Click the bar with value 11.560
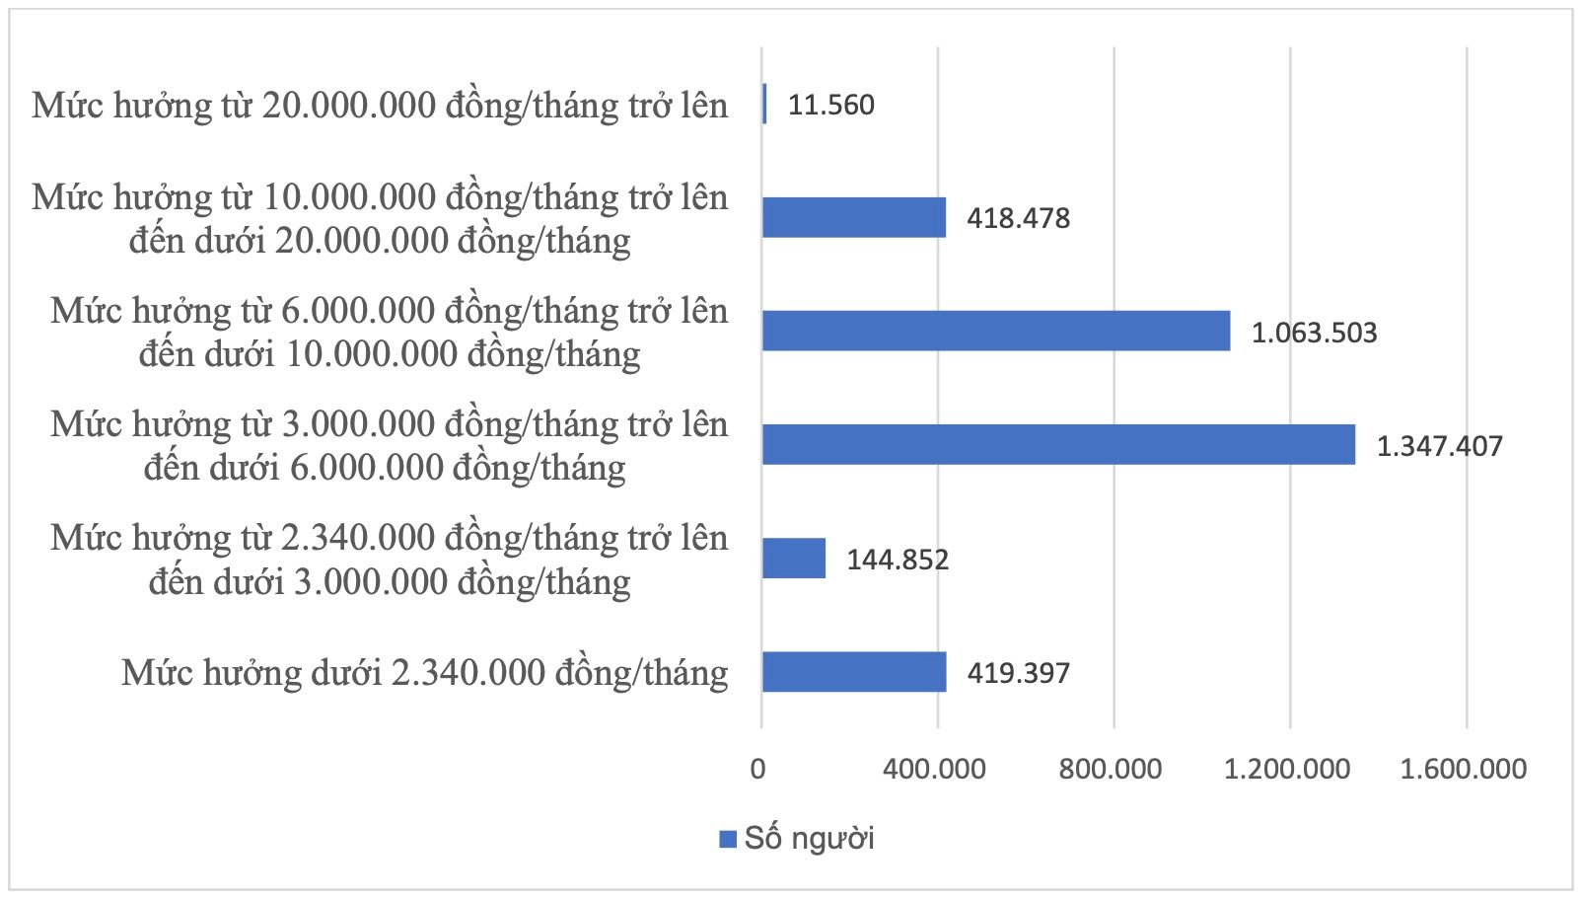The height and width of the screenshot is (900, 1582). coord(764,104)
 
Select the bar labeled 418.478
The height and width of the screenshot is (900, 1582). coord(854,217)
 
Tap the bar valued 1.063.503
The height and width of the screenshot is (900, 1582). coord(996,331)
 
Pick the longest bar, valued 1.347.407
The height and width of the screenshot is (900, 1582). coord(1058,444)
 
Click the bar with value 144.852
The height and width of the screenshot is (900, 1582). coord(794,559)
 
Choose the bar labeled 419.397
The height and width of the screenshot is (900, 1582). coord(854,672)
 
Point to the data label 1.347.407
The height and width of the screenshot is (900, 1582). coord(1439,446)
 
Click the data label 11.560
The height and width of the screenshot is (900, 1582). coord(831,105)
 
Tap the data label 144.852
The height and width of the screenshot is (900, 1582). coord(898,560)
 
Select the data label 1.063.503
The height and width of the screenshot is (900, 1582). coord(1314,333)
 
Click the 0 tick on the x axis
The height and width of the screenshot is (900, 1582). coord(757,769)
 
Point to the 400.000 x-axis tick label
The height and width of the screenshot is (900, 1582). coord(934,769)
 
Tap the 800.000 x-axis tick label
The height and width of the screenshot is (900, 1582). coord(1111,769)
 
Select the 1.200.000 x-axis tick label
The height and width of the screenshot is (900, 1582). coord(1287,769)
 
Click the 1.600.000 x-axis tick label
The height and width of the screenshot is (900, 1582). coord(1464,769)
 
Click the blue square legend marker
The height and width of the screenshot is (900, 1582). coord(728,840)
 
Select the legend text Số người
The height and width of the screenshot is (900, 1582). coord(809,839)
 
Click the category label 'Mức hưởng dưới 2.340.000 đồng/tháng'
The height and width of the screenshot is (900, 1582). coord(425,672)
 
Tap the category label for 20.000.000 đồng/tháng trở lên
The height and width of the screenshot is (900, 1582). coord(380,105)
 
